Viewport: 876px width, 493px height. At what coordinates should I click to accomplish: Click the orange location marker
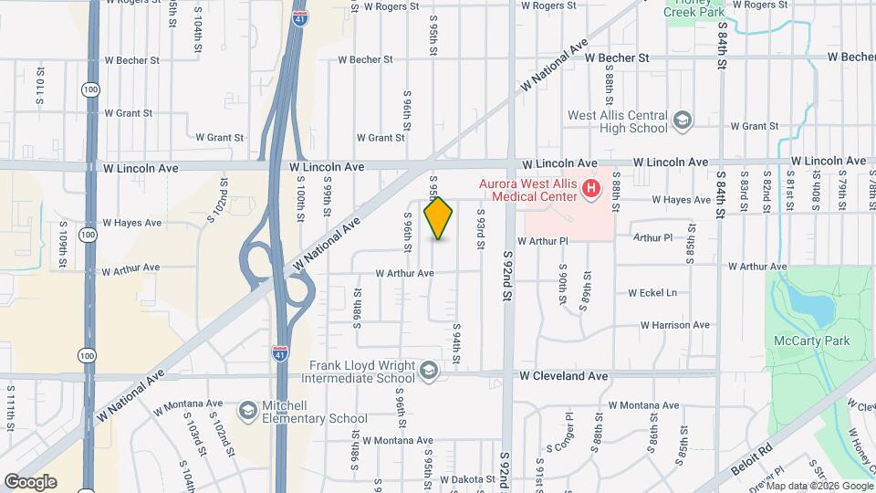439,217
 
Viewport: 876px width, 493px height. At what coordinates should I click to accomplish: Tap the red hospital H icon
591,190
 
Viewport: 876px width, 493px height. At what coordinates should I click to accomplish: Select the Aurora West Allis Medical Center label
529,189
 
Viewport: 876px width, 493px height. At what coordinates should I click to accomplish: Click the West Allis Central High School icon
682,121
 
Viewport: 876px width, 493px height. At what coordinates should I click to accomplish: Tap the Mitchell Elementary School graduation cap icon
247,411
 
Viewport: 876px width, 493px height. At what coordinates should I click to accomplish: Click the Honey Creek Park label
699,11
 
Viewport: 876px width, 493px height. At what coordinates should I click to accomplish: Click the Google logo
30,482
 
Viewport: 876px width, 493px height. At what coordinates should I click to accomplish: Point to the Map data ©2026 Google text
819,486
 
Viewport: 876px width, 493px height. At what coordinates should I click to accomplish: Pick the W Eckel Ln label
652,293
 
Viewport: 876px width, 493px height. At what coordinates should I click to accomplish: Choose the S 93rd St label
478,230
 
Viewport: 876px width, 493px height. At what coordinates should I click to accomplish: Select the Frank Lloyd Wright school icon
428,371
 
